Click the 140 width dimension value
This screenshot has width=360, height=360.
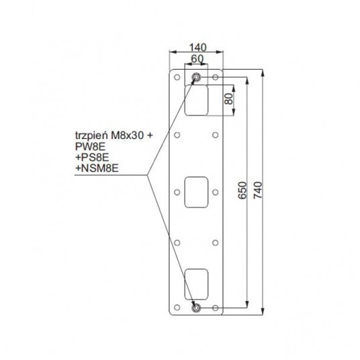(x=197, y=48)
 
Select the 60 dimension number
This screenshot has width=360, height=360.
(x=197, y=59)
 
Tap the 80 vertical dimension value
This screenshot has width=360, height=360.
(x=229, y=99)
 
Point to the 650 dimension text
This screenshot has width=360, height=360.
(x=242, y=190)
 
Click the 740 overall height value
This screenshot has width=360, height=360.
(x=258, y=190)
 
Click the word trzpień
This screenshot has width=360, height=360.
(x=92, y=136)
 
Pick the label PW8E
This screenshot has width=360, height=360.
(x=90, y=146)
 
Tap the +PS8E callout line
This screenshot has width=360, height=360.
(x=92, y=157)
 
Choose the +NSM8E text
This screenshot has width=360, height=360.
(x=97, y=169)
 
